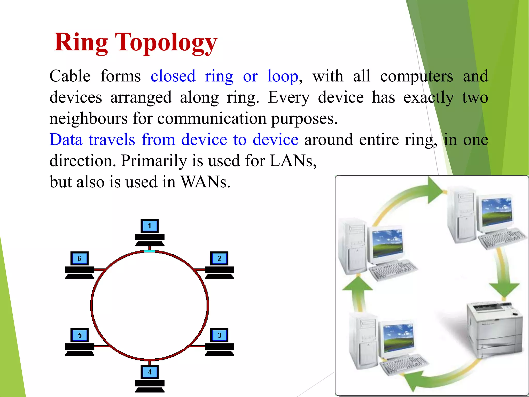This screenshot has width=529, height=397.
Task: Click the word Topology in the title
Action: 166,43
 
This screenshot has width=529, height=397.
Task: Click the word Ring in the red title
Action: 81,43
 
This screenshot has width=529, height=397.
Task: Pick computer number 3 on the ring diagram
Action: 220,341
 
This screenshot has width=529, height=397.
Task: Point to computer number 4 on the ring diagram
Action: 150,378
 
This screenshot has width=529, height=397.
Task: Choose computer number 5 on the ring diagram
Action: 80,341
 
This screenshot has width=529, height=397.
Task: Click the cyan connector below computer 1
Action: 150,251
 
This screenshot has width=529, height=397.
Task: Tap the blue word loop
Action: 283,77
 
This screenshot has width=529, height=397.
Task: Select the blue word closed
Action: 173,77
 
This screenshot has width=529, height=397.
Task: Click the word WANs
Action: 205,182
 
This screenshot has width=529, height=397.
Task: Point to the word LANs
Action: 293,161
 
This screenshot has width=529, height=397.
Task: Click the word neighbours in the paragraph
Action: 88,119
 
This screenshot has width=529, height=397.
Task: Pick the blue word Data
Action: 66,140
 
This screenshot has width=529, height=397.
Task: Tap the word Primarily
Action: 154,161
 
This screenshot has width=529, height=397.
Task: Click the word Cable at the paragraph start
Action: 70,77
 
